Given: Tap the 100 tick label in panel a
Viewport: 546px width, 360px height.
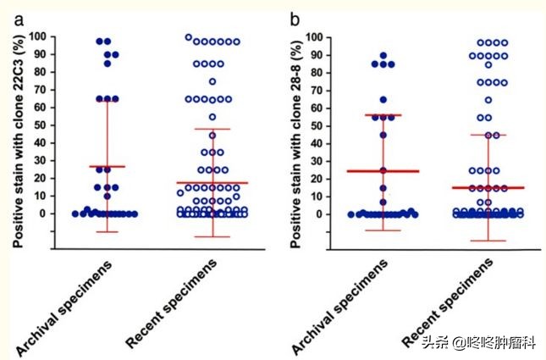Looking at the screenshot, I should point(41,37).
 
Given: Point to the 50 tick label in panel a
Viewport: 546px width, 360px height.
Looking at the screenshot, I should point(43,125).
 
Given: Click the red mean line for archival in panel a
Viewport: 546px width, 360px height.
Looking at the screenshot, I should point(107,167).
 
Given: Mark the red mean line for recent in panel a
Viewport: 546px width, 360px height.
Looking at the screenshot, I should point(212,183).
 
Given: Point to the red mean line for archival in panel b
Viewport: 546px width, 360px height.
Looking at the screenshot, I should point(383,171).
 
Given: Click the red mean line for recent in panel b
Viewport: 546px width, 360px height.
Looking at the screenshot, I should point(488,187).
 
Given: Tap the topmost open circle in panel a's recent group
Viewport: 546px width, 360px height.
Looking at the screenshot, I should point(189,37).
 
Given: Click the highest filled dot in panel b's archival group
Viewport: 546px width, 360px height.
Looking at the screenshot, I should point(383,55).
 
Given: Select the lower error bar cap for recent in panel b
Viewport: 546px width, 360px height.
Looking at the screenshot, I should point(488,241).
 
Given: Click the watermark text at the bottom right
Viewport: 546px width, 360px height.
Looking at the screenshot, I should point(480,343).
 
